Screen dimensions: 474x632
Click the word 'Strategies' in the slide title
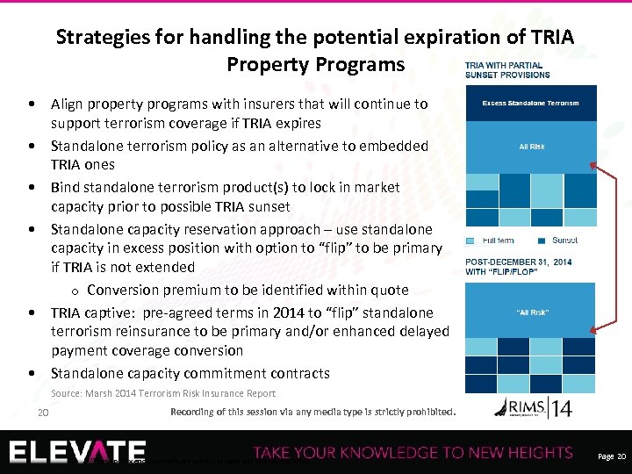coord(97,38)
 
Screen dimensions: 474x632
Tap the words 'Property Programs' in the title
coord(316,65)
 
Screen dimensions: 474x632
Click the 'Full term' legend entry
coord(494,241)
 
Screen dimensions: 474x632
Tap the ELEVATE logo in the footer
coord(78,452)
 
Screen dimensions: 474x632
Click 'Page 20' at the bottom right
coord(611,457)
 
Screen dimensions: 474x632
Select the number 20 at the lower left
coord(42,413)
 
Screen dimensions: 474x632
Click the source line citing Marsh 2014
coord(163,393)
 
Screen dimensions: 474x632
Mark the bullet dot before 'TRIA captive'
coord(32,312)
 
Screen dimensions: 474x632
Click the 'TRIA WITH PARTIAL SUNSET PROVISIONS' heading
coord(503,70)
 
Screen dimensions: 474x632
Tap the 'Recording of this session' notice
coord(312,411)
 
